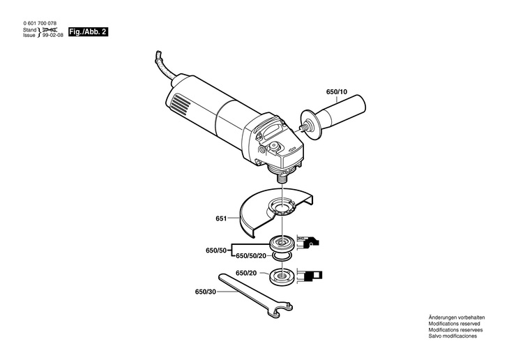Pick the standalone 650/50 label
[216, 249]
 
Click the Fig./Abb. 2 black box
[88, 33]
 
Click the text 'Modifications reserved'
[456, 324]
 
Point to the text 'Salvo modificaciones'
[453, 336]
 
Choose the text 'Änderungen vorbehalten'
[457, 317]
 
